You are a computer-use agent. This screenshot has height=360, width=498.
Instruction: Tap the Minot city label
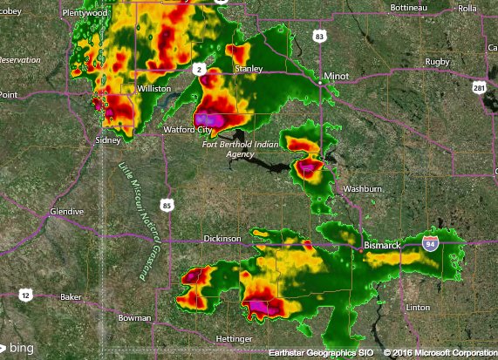(336, 77)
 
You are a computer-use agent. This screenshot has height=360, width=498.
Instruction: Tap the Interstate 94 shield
(431, 244)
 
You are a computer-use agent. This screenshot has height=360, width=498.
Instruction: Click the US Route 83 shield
(320, 36)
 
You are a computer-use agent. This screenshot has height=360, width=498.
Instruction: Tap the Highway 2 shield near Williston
(199, 69)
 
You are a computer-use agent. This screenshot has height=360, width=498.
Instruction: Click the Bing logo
(17, 347)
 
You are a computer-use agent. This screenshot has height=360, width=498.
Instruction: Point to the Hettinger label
(234, 338)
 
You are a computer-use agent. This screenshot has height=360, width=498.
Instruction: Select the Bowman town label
(134, 319)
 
